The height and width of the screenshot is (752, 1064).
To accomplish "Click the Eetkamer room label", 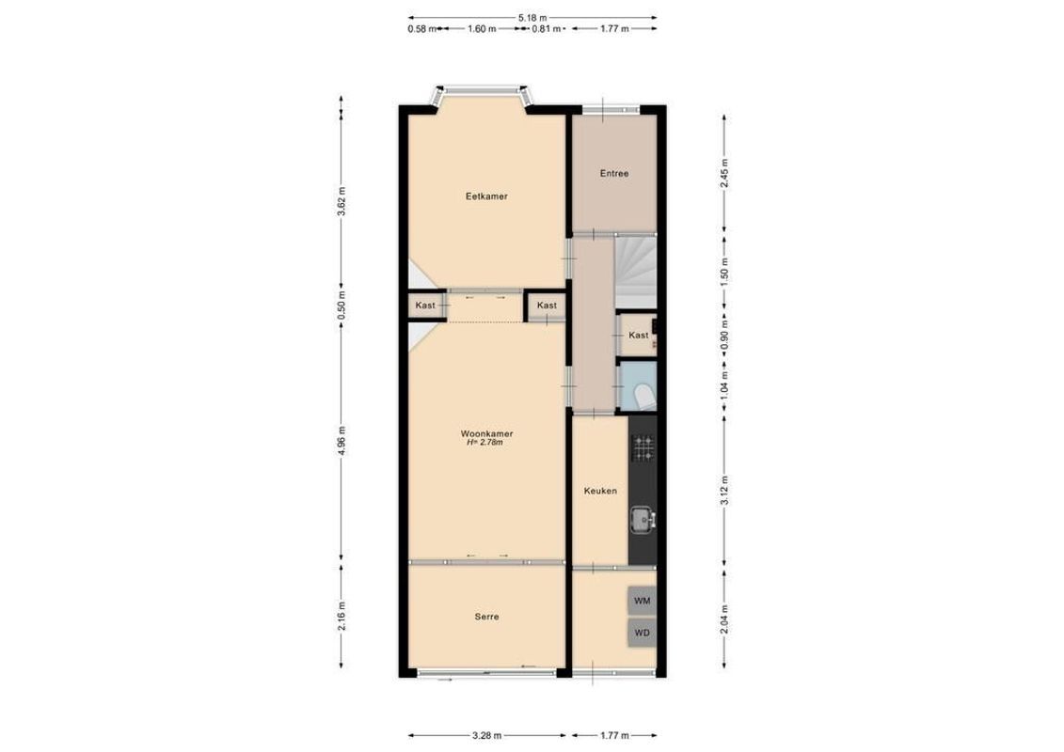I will tap(486, 196).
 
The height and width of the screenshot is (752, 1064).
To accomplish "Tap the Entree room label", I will tap(614, 173).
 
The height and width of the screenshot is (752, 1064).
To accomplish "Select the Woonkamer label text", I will tap(486, 433).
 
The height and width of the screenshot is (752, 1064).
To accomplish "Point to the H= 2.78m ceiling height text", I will tap(486, 443).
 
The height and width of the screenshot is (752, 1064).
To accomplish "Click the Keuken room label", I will tap(599, 490).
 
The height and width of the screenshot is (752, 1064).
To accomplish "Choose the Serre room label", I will tap(486, 617).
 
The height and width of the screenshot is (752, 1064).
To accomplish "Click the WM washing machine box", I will tap(642, 600).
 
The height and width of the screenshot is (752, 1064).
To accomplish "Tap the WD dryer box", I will tap(642, 633).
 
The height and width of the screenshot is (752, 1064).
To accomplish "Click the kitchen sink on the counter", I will tap(643, 517).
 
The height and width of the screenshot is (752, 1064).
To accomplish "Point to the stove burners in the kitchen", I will tap(643, 448).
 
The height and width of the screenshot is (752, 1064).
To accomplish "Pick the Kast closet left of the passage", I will tap(425, 305).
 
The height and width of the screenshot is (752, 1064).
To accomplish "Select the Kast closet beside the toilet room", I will tap(638, 336).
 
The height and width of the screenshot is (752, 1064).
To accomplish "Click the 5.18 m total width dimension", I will tap(532, 18).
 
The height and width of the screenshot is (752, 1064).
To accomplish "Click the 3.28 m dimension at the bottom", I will tap(486, 735).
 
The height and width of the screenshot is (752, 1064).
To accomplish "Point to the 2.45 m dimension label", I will tap(723, 172).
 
